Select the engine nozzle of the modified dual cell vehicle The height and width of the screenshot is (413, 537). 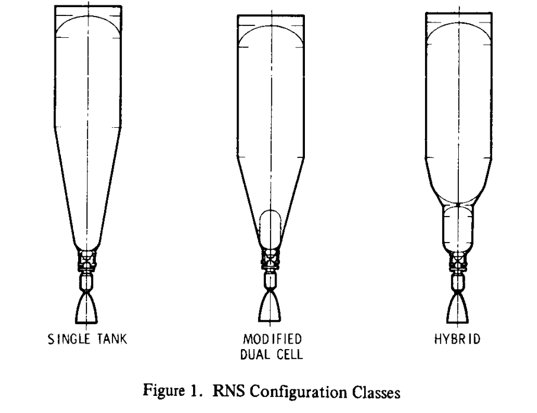272,309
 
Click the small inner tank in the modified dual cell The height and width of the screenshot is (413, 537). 272,228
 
